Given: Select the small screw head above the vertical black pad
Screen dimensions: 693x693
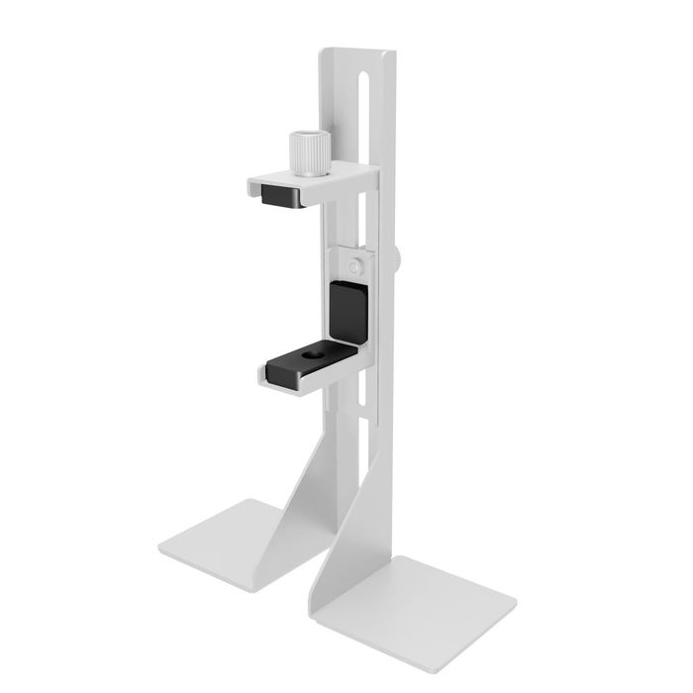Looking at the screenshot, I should [x=354, y=265].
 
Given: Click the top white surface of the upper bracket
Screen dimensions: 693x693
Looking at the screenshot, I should [x=317, y=180].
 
